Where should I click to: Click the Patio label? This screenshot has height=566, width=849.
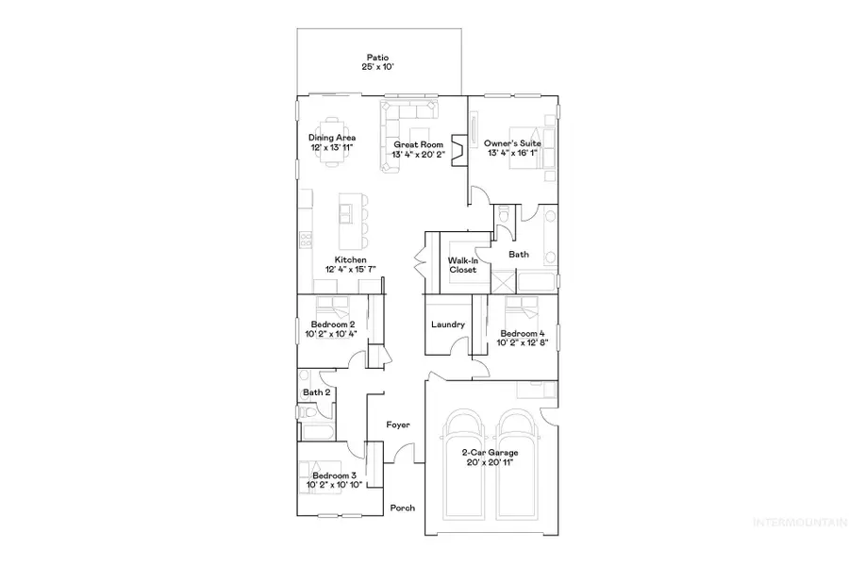380,56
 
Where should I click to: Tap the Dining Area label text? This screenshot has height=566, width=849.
331,138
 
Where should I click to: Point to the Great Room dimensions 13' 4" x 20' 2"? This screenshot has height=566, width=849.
419,155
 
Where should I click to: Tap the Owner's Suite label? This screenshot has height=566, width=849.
512,143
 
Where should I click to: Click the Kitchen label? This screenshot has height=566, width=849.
350,260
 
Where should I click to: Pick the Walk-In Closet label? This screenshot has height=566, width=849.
462,264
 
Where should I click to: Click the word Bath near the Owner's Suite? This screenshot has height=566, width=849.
519,254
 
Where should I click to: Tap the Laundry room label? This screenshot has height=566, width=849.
448,325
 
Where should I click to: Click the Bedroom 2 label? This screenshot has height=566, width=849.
332,325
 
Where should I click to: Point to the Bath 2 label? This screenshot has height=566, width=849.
316,392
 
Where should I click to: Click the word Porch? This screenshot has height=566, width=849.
403,508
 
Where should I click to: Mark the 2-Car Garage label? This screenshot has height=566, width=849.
489,454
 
